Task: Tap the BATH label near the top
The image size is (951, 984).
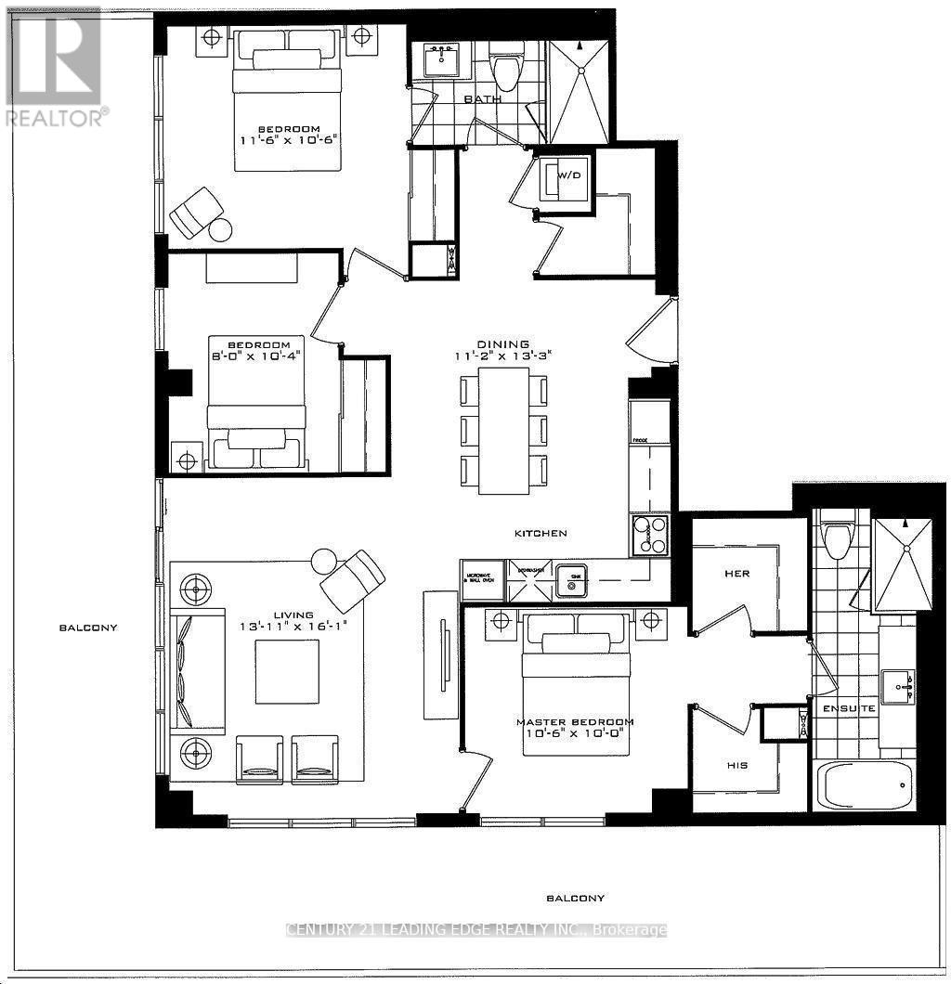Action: point(483,99)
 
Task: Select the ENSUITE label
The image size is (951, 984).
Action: point(848,708)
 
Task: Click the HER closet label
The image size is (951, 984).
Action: point(736,574)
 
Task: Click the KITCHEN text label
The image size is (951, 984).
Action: point(541,534)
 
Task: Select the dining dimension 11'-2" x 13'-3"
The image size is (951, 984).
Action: point(504,356)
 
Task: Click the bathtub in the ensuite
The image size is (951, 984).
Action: point(863,785)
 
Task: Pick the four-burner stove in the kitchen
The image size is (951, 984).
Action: point(650,536)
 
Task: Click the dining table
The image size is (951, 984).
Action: point(503,430)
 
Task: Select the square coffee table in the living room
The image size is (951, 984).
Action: point(287,671)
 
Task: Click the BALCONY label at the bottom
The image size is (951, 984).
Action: point(575,898)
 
